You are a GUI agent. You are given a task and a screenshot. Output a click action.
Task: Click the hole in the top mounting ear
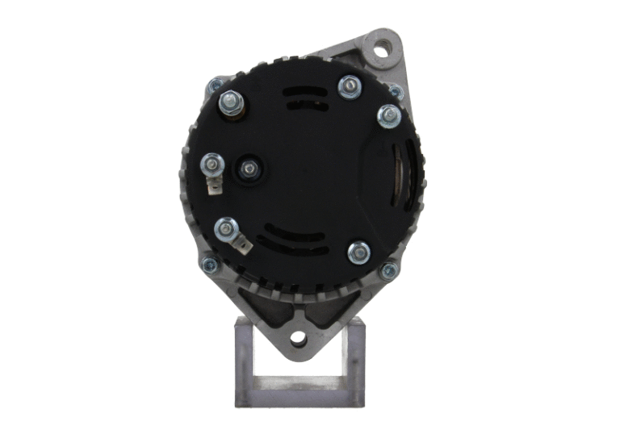pos(379,48)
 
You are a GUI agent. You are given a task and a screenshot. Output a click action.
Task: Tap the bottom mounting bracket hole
pos(299,339)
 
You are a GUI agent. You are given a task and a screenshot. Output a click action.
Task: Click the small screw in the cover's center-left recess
pos(249,169)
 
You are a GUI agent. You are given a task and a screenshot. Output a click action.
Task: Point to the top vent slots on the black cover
pos(306,98)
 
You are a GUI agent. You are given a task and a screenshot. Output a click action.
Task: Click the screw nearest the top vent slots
pos(350,86)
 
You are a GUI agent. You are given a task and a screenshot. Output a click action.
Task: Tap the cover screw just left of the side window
pos(390,116)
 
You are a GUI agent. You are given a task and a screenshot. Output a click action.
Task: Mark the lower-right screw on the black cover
pos(358,252)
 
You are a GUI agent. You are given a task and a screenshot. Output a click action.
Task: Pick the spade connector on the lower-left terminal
pos(240,241)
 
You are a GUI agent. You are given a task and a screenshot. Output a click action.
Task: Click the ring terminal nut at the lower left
pos(225,230)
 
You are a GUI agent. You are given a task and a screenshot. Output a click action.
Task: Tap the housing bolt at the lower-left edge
pos(208,262)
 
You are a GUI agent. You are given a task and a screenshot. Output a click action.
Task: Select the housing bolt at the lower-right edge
pos(388,271)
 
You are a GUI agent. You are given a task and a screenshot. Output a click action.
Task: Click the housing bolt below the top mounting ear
pos(395,91)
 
